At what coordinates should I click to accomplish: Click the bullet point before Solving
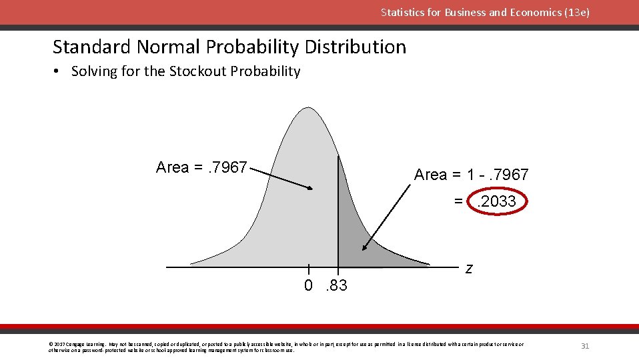click(59, 71)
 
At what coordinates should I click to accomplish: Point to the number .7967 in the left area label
click(228, 167)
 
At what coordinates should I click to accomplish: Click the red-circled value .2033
click(498, 201)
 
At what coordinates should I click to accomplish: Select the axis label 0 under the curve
click(308, 286)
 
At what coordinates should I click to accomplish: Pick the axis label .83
click(336, 286)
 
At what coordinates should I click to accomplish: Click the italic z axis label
click(469, 269)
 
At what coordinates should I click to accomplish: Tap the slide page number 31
click(585, 346)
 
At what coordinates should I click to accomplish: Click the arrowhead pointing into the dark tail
click(365, 247)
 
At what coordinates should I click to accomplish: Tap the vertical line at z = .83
click(338, 213)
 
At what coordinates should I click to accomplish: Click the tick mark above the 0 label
click(308, 269)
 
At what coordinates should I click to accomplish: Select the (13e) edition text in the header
click(576, 12)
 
